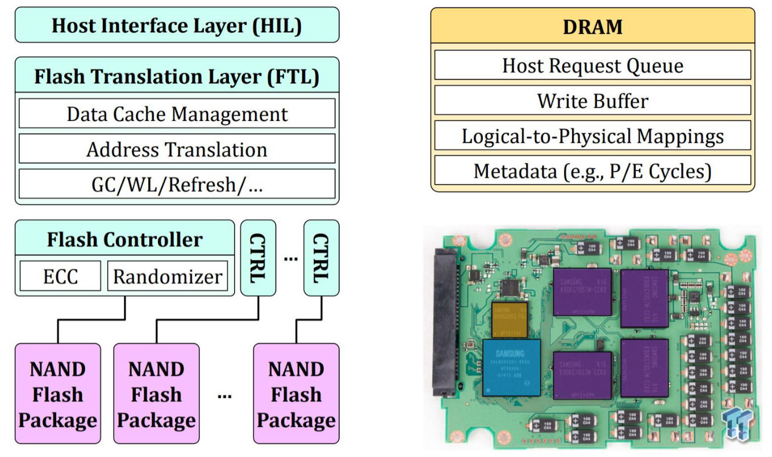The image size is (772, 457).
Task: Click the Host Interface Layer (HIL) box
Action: (x=177, y=26)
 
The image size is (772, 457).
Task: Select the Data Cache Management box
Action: (x=177, y=114)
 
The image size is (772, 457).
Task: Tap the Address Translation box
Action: (x=177, y=149)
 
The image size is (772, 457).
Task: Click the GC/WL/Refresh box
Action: (x=177, y=185)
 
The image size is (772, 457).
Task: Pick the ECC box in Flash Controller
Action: (x=60, y=276)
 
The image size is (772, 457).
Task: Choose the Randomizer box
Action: (x=168, y=276)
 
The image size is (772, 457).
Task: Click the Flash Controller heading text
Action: (x=124, y=240)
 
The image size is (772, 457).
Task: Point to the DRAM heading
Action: (x=592, y=26)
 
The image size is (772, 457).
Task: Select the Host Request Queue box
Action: (x=592, y=65)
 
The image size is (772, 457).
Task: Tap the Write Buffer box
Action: (x=592, y=100)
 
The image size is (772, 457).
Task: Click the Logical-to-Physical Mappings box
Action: (x=592, y=136)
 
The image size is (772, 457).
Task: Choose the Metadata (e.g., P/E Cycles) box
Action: (x=592, y=171)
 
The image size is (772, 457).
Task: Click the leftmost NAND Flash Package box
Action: (x=57, y=393)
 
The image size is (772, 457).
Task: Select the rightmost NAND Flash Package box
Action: (x=296, y=393)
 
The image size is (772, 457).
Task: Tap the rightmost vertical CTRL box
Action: (x=321, y=258)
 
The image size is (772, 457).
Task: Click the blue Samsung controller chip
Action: (x=512, y=367)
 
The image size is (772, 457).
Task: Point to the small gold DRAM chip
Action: (x=510, y=319)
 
